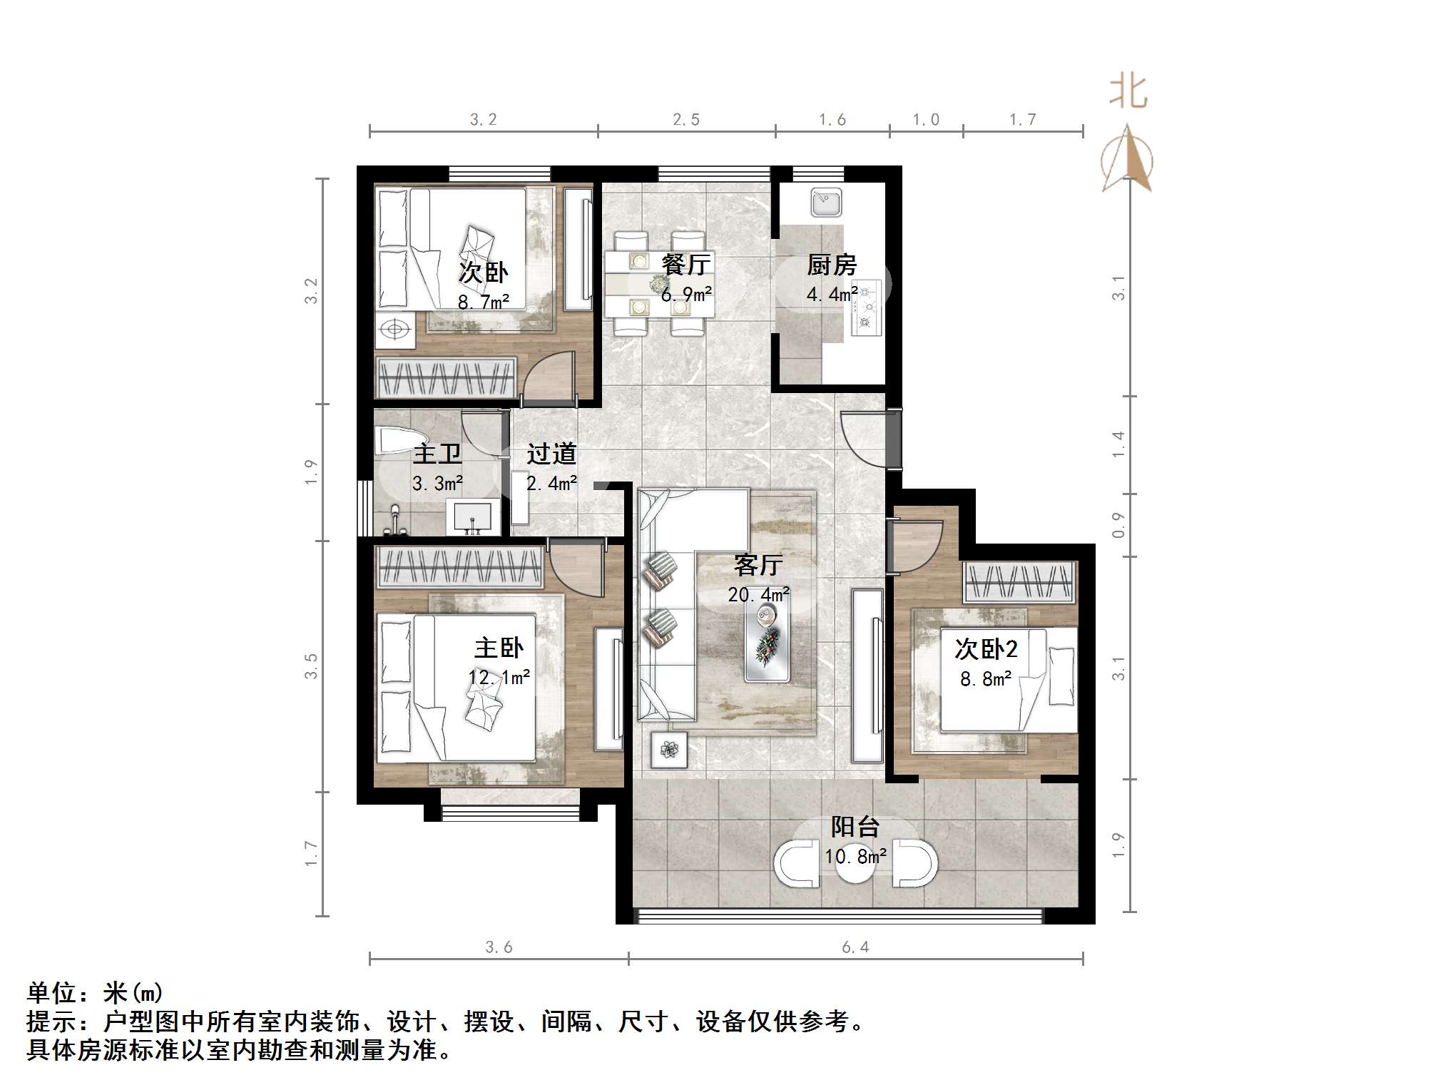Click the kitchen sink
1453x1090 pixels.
pyautogui.click(x=826, y=203)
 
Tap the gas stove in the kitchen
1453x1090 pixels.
pyautogui.click(x=867, y=308)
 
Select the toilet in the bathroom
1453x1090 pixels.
pyautogui.click(x=397, y=440)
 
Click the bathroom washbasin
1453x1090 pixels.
pyautogui.click(x=471, y=516)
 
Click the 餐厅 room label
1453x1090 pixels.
pyautogui.click(x=686, y=265)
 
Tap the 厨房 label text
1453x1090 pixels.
pyautogui.click(x=832, y=265)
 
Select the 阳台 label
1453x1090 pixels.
pyautogui.click(x=855, y=827)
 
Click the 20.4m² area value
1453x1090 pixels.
pyautogui.click(x=758, y=595)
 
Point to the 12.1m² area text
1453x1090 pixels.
pyautogui.click(x=499, y=678)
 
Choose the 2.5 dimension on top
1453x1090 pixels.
pyautogui.click(x=686, y=120)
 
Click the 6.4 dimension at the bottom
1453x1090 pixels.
pyautogui.click(x=855, y=947)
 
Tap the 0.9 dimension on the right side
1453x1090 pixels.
pyautogui.click(x=1118, y=526)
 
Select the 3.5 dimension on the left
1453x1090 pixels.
pyautogui.click(x=310, y=666)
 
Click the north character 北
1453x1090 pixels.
pyautogui.click(x=1128, y=93)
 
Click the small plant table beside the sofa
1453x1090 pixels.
pyautogui.click(x=669, y=750)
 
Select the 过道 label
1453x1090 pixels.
pyautogui.click(x=551, y=454)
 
